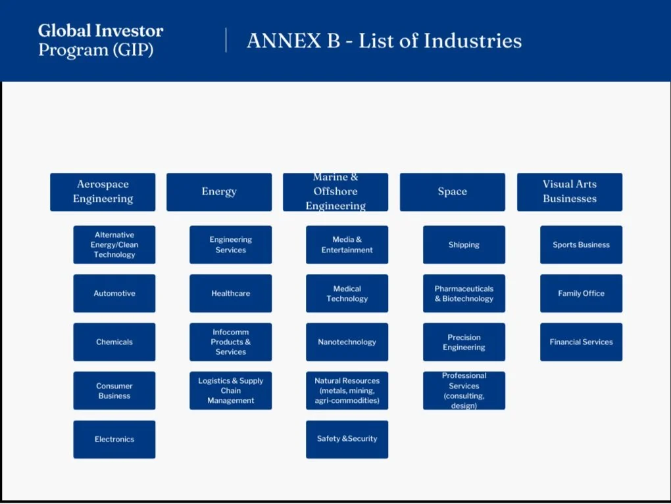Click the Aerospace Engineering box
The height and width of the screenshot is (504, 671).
coord(103,192)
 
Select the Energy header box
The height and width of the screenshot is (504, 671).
coord(219,192)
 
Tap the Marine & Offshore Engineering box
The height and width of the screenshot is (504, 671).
coord(335,192)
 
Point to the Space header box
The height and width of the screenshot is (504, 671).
coord(453,192)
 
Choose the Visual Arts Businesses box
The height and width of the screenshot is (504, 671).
coord(570,192)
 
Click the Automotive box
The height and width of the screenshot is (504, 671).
coord(114,293)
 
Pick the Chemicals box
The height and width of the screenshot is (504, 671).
coord(114,342)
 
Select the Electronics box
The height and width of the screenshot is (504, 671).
coord(114,439)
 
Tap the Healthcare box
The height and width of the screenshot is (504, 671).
coord(231,293)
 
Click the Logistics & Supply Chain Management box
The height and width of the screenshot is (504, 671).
coord(231,390)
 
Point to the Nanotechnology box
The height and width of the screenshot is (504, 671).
coord(347,342)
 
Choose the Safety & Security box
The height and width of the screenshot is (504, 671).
coord(347,439)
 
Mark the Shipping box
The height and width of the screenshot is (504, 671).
coord(464,244)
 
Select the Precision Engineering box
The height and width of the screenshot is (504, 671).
coord(464,342)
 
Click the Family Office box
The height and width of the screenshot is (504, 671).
coord(582,293)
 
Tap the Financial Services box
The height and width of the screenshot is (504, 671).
coord(582,342)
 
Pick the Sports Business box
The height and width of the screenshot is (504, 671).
coord(582,244)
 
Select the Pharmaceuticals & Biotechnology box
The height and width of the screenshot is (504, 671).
coord(464,293)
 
